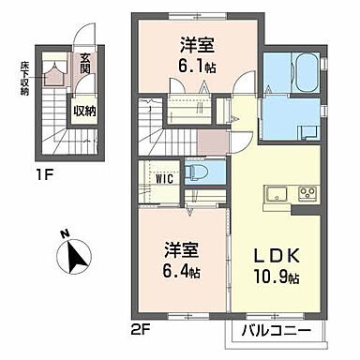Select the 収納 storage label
[85, 110]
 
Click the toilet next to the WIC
[200, 173]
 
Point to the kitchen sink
[277, 195]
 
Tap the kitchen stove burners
[308, 195]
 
